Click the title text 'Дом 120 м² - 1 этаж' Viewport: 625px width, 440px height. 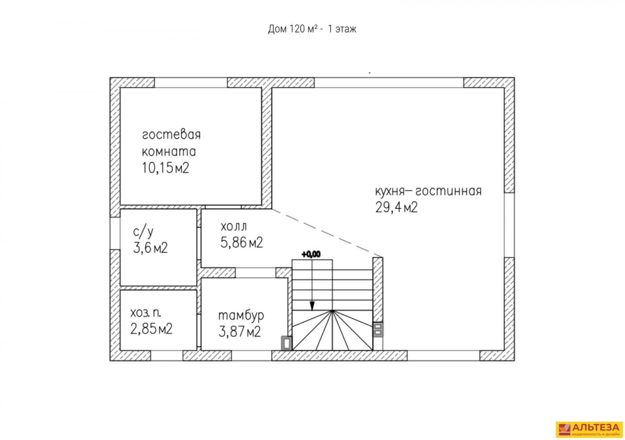coord(312,29)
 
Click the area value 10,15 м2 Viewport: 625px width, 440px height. coord(166,168)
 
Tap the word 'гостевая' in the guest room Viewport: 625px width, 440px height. coord(171,135)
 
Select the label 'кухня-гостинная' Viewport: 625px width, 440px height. coord(428,191)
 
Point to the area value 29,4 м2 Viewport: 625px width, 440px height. coord(396,207)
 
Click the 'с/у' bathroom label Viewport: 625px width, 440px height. coord(143,232)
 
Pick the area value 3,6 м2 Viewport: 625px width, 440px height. coord(150,248)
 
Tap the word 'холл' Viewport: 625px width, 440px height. coord(233,227)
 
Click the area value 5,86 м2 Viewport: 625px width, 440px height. coord(242,243)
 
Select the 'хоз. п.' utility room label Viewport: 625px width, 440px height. coord(146,313)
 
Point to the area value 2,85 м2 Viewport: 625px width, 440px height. coord(151,329)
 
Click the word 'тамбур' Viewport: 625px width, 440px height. coord(241,316)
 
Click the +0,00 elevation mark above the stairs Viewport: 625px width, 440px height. coord(311,254)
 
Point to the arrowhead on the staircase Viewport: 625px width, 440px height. coord(312,306)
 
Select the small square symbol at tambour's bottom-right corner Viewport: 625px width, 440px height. coord(286,343)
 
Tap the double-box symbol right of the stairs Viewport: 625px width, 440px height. coord(378,330)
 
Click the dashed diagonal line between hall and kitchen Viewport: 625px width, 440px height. coord(327,233)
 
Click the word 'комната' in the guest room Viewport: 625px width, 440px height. coord(169,152)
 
